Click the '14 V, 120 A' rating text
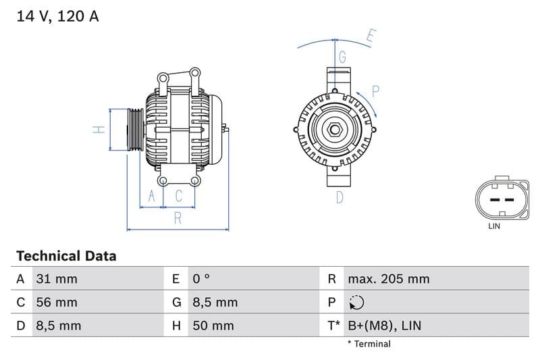coord(57,17)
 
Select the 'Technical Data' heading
coord(66,256)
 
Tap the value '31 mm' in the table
coord(56,279)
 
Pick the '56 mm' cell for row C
coord(56,302)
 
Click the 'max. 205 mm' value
coord(388,279)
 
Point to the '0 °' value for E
coord(201,279)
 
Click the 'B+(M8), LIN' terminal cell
coord(384,326)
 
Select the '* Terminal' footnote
coord(369,344)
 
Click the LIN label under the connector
coord(494,226)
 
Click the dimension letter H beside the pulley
coord(99,129)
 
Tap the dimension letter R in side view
coord(178,218)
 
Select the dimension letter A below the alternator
coord(152,196)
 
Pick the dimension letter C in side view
coord(179,196)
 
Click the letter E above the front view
coord(371,36)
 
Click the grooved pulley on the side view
coord(134,129)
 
